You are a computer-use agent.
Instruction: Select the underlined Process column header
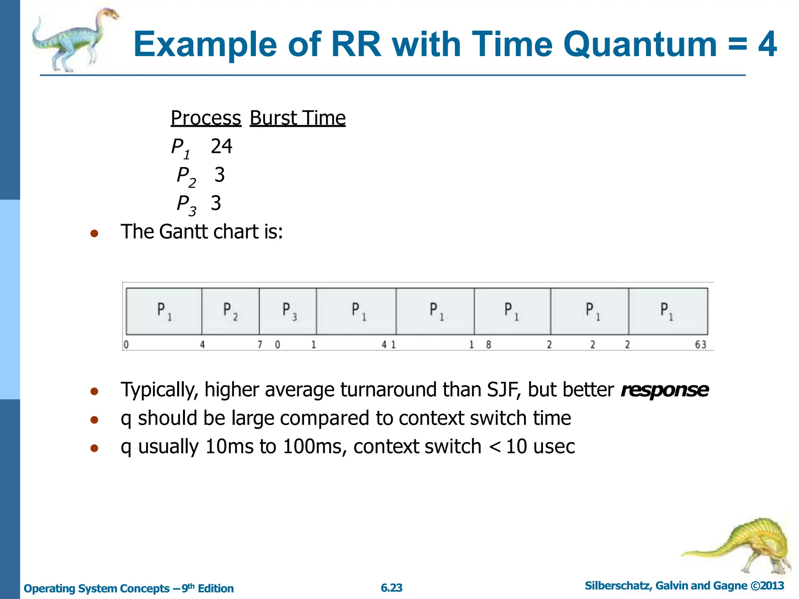[x=206, y=118]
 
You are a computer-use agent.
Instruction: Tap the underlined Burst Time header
[x=297, y=118]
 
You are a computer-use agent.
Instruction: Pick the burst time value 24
[x=222, y=147]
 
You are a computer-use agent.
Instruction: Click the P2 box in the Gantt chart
[x=230, y=311]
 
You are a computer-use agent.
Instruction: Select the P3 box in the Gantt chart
[x=288, y=311]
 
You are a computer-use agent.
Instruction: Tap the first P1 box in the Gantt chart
[x=164, y=311]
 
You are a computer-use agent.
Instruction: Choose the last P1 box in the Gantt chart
[x=668, y=311]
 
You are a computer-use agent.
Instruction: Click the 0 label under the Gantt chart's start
[x=126, y=345]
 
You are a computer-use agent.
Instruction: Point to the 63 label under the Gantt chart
[x=700, y=345]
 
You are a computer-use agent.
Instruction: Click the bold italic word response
[x=664, y=390]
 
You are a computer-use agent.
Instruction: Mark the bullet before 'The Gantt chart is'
[x=94, y=234]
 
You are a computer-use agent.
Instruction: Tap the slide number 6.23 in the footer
[x=391, y=588]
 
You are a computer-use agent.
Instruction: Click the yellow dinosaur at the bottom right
[x=741, y=546]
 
